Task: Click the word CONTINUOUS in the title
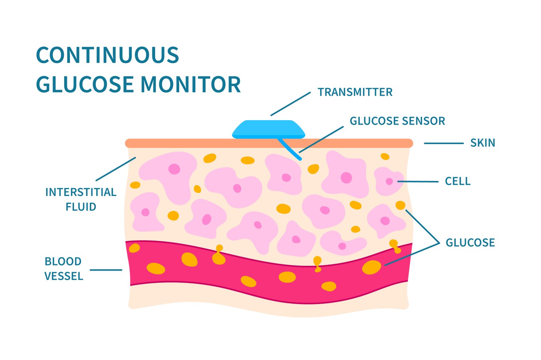pos(107,55)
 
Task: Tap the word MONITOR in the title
pos(191,84)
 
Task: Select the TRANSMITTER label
pos(355,92)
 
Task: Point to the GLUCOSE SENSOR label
pos(397,121)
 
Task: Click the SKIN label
pos(483,143)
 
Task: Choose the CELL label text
pos(458,181)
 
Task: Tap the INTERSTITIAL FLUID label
pos(81,199)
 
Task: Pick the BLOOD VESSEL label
pos(63,269)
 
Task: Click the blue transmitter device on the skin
pos(269,129)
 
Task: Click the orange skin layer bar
pos(188,143)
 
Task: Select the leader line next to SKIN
pos(443,143)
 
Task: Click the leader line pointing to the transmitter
pos(290,104)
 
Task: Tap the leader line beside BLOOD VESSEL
pos(106,270)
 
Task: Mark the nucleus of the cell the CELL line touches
pos(389,181)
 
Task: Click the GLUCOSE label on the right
pos(470,243)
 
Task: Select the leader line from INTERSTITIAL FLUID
pos(116,169)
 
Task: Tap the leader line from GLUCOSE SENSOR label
pos(322,139)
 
